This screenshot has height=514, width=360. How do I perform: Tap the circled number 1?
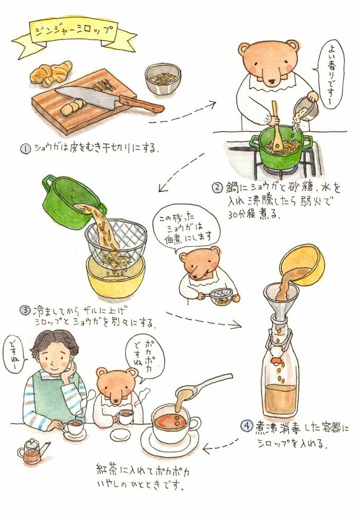tap(26, 148)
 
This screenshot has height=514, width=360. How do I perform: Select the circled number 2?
tap(218, 188)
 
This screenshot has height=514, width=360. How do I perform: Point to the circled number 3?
tap(25, 310)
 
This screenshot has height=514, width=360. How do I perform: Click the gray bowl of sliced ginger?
tap(163, 79)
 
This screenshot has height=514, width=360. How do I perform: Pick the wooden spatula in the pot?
tap(276, 128)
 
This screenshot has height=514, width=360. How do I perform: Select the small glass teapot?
tap(33, 451)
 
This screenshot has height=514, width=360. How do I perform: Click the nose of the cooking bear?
tap(272, 81)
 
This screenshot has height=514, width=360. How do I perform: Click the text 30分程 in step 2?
tap(243, 214)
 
